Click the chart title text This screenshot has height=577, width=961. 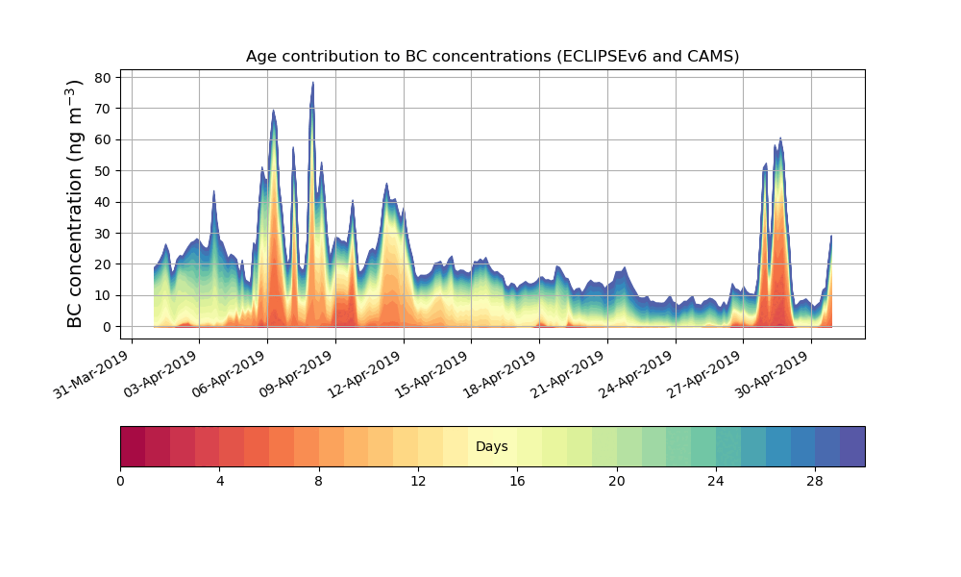(x=492, y=56)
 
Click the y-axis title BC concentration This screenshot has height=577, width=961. (x=76, y=204)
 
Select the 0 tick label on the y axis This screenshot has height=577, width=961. (x=108, y=327)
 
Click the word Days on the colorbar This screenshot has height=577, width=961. (x=492, y=447)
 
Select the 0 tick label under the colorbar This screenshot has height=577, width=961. (x=120, y=481)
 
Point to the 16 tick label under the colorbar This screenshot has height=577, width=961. (x=517, y=481)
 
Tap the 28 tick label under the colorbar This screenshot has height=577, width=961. (x=815, y=481)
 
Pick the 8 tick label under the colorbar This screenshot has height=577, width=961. (x=319, y=481)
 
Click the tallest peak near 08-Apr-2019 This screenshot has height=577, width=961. (x=312, y=84)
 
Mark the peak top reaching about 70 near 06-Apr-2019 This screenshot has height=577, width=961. (x=274, y=112)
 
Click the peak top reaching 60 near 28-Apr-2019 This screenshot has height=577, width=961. (x=780, y=140)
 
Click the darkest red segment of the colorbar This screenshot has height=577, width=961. (x=133, y=446)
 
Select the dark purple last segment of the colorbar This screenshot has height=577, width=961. (x=852, y=446)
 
